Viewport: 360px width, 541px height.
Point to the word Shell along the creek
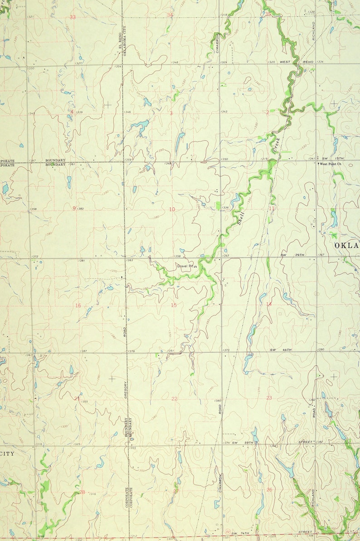point(241,218)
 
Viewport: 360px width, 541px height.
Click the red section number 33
point(73,17)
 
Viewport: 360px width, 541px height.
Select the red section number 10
point(172,209)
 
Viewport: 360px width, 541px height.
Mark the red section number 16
point(78,305)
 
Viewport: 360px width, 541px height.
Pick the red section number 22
point(175,399)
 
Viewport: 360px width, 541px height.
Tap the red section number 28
point(82,492)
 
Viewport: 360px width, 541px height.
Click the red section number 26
point(269,489)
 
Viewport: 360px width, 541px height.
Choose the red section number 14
point(269,304)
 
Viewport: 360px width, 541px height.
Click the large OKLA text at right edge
point(346,245)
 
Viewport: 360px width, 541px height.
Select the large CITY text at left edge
point(7,453)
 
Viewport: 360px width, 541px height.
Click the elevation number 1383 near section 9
point(80,208)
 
